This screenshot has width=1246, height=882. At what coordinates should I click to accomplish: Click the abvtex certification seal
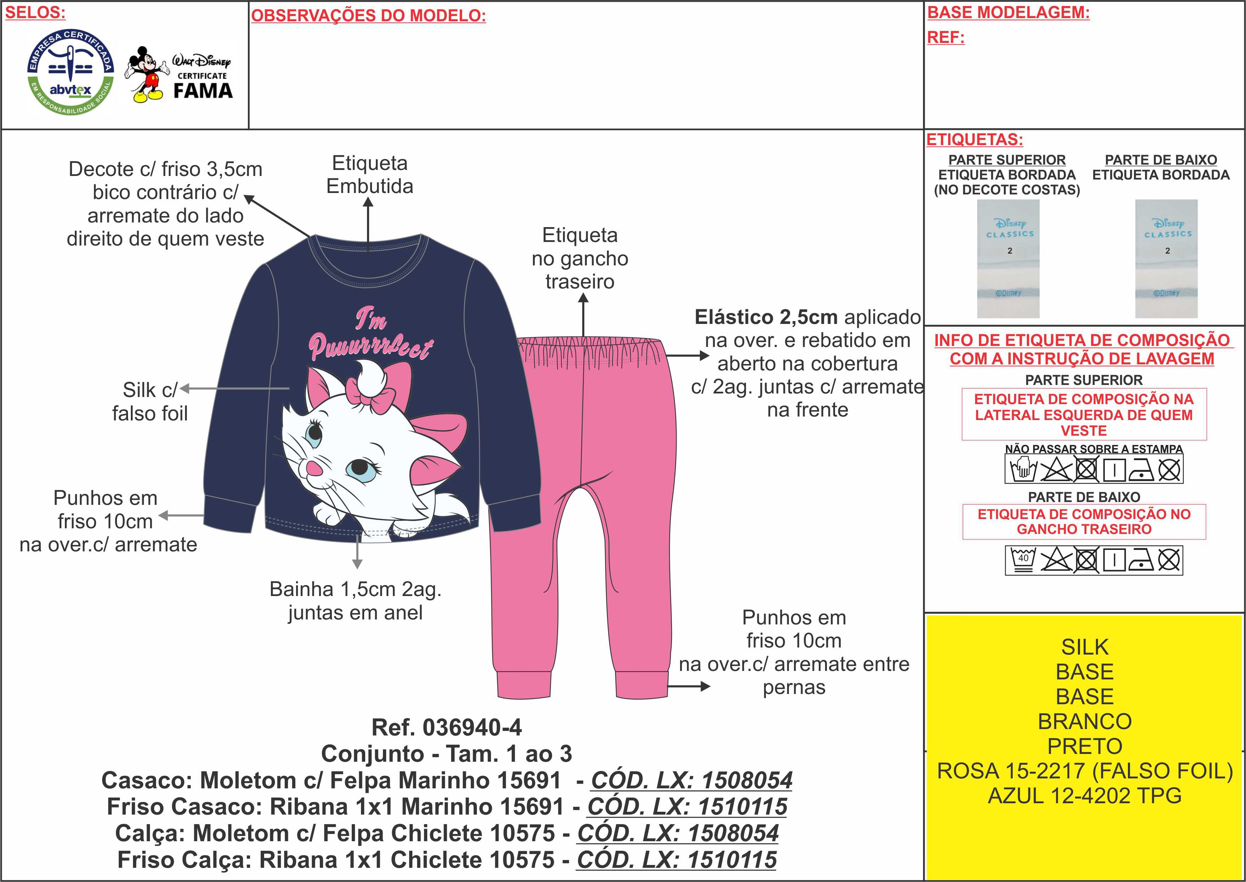point(71,71)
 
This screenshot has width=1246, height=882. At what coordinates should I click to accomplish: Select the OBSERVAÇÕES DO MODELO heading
point(368,16)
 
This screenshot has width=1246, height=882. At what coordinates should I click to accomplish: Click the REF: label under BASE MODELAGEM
point(945,38)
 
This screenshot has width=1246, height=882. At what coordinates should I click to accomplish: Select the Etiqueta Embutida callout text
point(369,174)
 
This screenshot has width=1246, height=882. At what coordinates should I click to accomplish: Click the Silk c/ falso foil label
point(150,401)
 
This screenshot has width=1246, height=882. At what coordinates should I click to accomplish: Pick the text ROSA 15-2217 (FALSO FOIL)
point(1084,771)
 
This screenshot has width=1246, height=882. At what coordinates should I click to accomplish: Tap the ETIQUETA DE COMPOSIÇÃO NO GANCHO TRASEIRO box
point(1084,522)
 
